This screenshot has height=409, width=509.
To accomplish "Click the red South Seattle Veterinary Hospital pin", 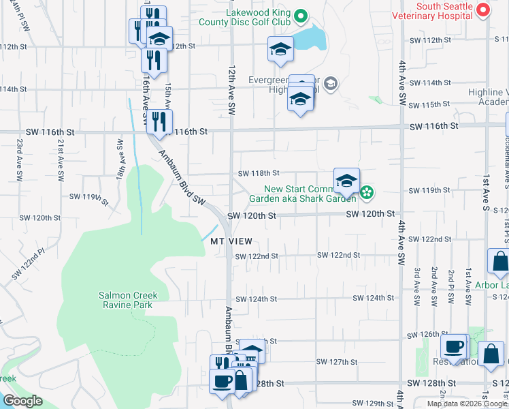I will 482,10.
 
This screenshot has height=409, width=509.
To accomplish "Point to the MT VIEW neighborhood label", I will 231,242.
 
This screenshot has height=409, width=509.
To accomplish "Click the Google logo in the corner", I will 22,400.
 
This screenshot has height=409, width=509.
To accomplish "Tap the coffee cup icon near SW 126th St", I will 454,346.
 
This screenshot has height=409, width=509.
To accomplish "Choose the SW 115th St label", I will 432,105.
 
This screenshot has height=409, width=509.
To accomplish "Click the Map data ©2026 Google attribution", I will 467,404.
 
